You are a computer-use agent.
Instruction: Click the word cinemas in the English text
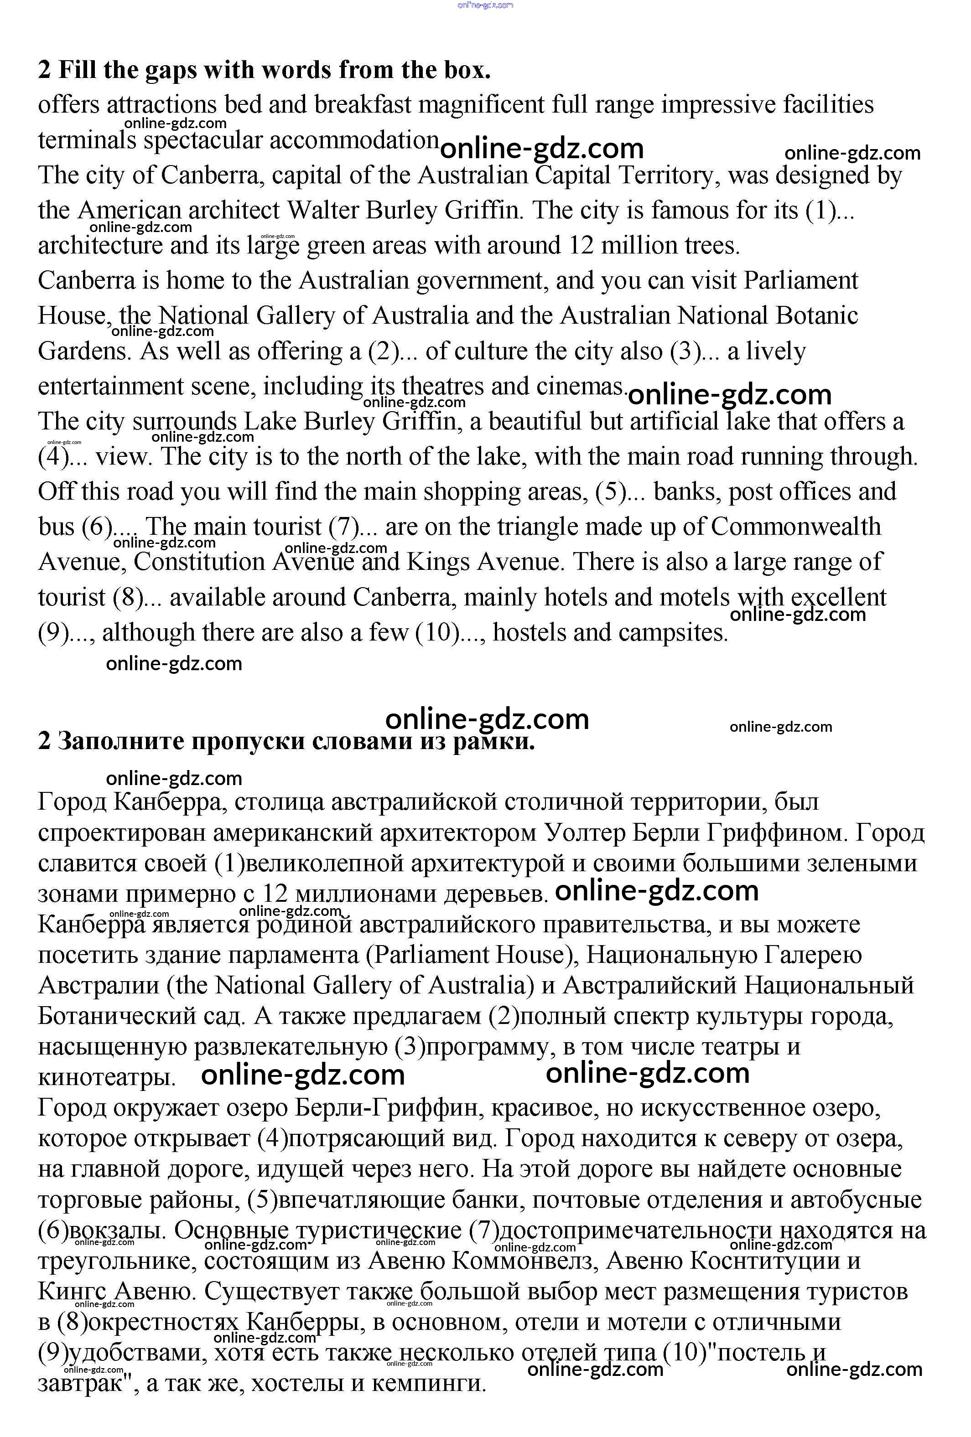click(581, 387)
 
